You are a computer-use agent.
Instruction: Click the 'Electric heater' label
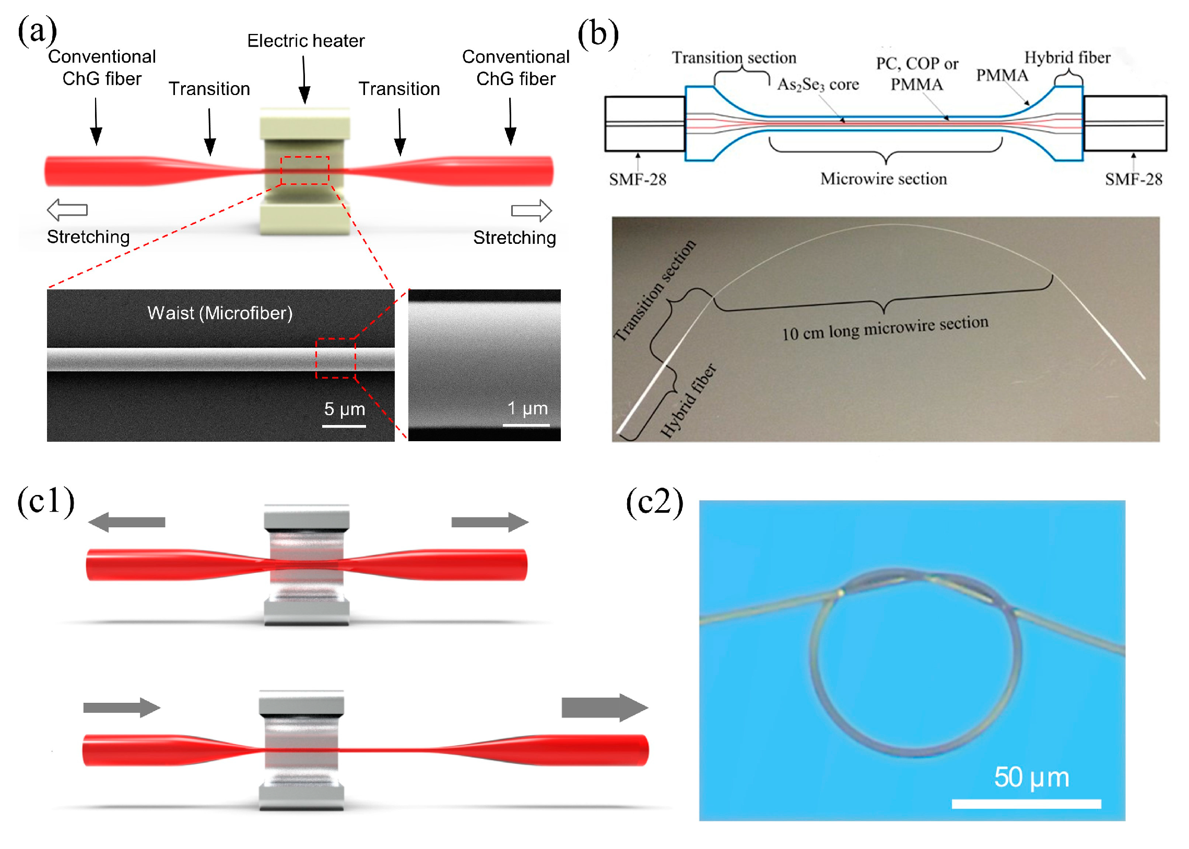coord(305,41)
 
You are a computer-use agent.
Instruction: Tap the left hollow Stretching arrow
coord(67,209)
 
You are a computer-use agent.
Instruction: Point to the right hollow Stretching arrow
coord(531,210)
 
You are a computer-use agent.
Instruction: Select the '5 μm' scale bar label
coord(344,409)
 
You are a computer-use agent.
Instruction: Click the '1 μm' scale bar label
coord(527,408)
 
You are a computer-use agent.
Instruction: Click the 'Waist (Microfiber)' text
coord(220,313)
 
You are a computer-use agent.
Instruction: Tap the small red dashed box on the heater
coord(304,170)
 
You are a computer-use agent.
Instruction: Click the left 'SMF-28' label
coord(637,179)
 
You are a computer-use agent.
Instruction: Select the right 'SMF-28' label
coord(1133,179)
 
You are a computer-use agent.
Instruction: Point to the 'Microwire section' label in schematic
coord(883,179)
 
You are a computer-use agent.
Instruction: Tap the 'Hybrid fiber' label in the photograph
coord(687,401)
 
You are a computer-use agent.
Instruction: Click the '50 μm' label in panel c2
coord(1031,777)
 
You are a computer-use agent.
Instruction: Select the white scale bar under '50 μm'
coord(1026,804)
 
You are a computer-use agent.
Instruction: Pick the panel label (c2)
coord(654,502)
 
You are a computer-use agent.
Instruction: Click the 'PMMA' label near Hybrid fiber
coord(1002,76)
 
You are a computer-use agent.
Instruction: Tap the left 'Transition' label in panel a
coord(209,89)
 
